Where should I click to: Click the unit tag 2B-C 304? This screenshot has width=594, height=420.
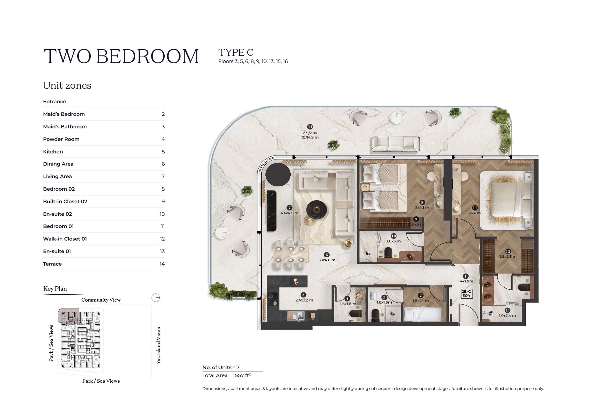pos(466,294)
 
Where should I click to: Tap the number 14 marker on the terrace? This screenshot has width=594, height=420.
pos(310,127)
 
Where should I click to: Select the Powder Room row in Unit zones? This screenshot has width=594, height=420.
pos(104,139)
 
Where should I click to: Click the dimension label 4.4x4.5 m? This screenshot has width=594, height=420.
pos(289,213)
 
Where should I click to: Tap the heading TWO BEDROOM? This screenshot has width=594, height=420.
pos(121,56)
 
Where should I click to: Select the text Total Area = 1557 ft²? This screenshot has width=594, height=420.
pos(227,375)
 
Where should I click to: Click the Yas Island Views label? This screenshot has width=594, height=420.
pos(158,345)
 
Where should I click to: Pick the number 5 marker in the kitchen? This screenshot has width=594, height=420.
pos(303,295)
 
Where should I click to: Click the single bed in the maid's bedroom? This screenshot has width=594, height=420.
pos(423,314)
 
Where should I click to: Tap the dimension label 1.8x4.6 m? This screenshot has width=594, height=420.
pos(327,260)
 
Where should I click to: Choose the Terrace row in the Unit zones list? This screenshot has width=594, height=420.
pos(104,264)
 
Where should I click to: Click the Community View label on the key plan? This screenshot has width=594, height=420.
pos(101,300)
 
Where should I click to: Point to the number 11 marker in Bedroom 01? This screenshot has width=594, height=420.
pos(475,208)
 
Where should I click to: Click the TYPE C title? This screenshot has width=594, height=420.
pos(236,52)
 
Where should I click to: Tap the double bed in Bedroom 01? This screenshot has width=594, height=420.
pos(507,200)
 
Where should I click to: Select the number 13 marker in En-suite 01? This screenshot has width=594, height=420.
pos(507,310)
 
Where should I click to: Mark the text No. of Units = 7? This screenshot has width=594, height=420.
pos(221,367)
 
